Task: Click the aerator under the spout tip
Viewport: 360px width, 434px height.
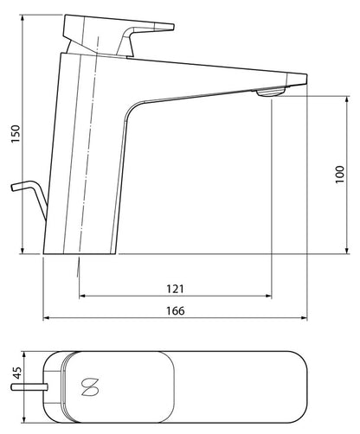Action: point(271,92)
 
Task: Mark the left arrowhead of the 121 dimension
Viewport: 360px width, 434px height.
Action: point(82,296)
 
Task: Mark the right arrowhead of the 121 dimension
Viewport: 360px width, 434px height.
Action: point(270,296)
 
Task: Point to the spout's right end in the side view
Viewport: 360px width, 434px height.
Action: point(306,79)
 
